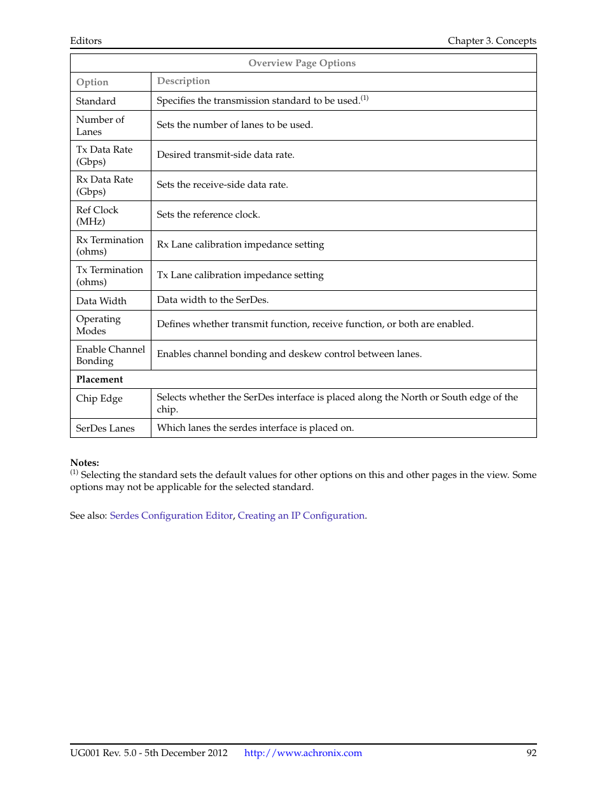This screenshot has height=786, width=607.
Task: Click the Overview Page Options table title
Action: coord(302,63)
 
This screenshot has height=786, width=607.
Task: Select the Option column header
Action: coord(92,82)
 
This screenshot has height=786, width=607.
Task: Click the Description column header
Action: coord(183,81)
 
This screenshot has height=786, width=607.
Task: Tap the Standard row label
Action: coord(96,101)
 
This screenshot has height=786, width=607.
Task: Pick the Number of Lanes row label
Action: coord(100,125)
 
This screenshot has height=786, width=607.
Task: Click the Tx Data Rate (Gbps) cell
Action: coord(104,155)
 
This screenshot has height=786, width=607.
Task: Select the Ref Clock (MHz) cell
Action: coord(97,216)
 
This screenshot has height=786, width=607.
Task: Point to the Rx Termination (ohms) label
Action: coord(109,246)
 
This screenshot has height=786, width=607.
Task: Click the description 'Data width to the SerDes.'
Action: coord(213,300)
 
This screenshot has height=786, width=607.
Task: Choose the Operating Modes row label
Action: coord(98,325)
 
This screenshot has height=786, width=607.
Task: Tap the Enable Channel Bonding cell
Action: coord(110,355)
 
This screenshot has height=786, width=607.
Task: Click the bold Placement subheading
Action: coord(99,379)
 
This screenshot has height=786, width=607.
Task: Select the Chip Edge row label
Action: coord(99,398)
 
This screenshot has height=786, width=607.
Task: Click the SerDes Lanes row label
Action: coord(105,428)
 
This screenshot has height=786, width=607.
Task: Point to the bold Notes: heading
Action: coord(85,463)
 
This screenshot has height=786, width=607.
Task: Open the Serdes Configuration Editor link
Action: coord(171,516)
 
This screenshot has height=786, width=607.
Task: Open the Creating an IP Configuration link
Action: coord(301,516)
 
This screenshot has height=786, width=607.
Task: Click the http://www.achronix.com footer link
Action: coord(303,753)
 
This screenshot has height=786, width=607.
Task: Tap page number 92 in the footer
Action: coord(531,753)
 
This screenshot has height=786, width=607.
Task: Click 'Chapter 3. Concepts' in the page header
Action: coord(492,41)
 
